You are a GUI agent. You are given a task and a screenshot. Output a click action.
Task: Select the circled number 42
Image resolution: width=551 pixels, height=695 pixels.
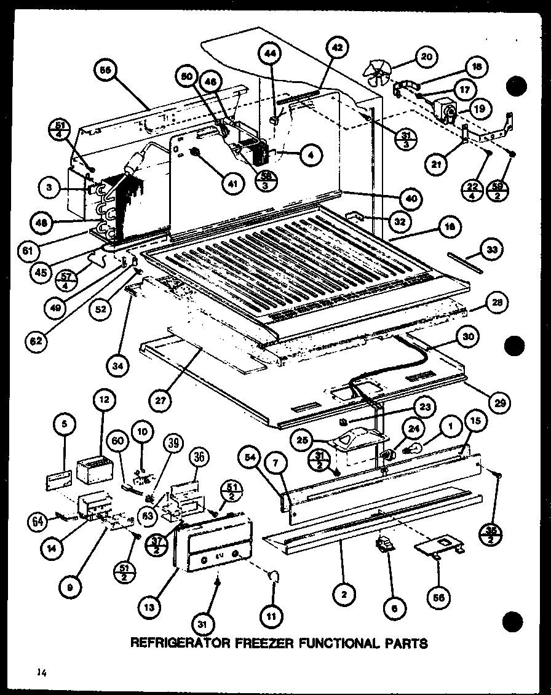click(338, 47)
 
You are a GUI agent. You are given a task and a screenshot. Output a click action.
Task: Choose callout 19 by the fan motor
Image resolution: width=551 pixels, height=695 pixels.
click(478, 111)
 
